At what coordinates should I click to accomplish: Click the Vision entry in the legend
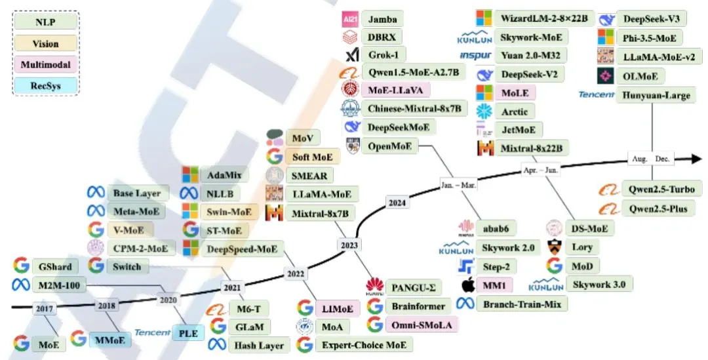tap(45, 44)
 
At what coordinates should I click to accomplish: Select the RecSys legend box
tap(45, 85)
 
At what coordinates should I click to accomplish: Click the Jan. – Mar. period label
tap(458, 184)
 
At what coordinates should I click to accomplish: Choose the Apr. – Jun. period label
tap(541, 169)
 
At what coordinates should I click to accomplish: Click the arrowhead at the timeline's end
tap(695, 158)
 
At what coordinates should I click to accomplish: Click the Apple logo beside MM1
tap(467, 285)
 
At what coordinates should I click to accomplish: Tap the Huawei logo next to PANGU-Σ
tap(375, 286)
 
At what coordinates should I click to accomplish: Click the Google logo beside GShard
tap(21, 266)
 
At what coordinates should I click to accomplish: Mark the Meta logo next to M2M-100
tap(21, 285)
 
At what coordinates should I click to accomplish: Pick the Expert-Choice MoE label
tap(364, 344)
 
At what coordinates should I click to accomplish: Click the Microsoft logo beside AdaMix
tap(190, 174)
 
